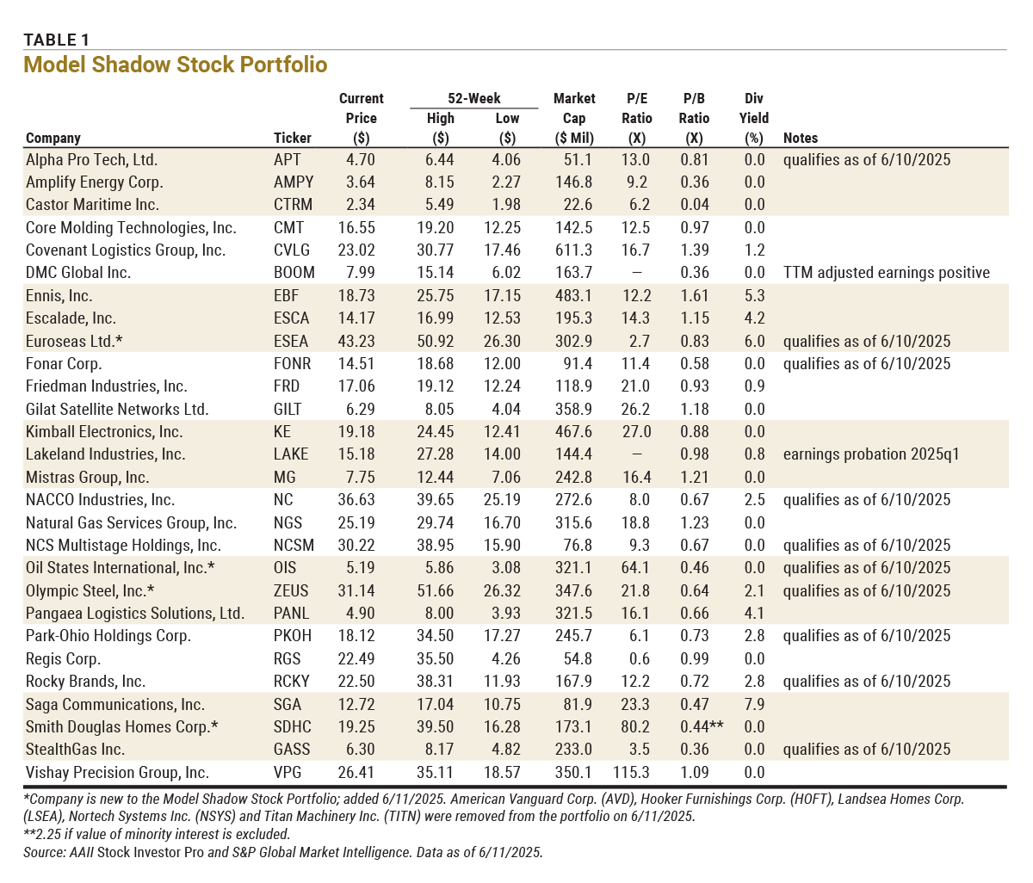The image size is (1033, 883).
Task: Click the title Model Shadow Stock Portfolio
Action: [x=176, y=65]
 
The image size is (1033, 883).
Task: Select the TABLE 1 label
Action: [x=56, y=40]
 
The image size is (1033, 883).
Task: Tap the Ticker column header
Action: [x=293, y=138]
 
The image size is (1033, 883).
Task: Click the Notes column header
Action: [x=801, y=138]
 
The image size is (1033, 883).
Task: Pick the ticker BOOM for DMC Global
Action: [x=294, y=273]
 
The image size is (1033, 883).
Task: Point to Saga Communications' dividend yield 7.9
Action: [x=754, y=704]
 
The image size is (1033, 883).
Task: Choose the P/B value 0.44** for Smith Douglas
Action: [x=701, y=726]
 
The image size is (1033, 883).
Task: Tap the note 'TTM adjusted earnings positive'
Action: [x=886, y=273]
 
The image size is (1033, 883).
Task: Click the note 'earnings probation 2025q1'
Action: [x=871, y=454]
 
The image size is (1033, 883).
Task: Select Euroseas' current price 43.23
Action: [x=361, y=341]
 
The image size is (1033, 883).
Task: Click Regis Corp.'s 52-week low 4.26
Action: [x=507, y=658]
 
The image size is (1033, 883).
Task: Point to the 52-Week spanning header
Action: [x=473, y=98]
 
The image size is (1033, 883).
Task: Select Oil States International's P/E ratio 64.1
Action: [x=635, y=568]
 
